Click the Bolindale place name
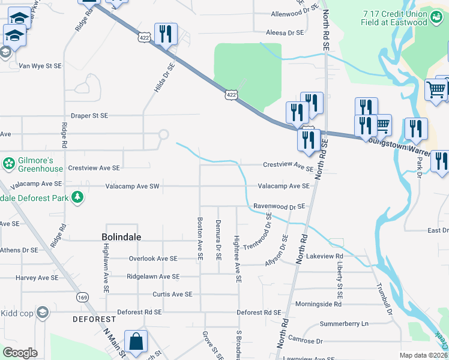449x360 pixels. [121, 237]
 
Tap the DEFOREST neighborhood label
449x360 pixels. [94, 319]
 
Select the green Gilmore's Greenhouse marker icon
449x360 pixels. [8, 163]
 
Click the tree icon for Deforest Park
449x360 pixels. [77, 197]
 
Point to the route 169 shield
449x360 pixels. [82, 297]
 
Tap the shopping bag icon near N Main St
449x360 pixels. [136, 341]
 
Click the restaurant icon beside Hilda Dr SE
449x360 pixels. [165, 34]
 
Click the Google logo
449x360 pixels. [20, 352]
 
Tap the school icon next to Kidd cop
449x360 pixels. [43, 313]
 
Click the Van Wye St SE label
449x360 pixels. [41, 66]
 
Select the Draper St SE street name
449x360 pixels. [89, 115]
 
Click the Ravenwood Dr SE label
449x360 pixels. [279, 206]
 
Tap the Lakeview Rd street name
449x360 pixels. [323, 256]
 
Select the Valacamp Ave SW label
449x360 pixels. [132, 187]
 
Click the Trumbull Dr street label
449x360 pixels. [384, 300]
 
